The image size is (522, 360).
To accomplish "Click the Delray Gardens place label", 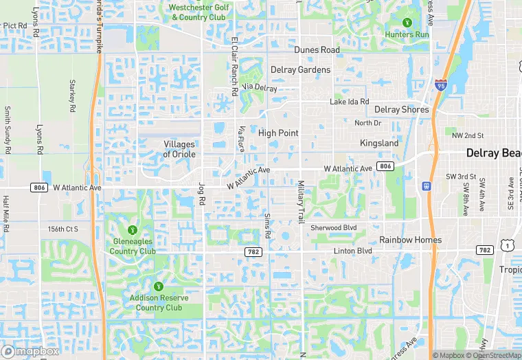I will [x=300, y=69].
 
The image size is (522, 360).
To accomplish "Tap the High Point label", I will [x=278, y=133].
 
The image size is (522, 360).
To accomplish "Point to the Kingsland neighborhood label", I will [x=379, y=143].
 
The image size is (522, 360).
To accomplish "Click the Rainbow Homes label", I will [x=411, y=240].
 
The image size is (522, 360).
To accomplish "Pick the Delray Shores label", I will [x=402, y=109].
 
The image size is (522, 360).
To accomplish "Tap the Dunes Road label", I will [x=317, y=50].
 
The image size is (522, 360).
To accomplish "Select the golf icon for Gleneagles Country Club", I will [x=133, y=229].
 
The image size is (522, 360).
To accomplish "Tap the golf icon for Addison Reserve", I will [x=158, y=285].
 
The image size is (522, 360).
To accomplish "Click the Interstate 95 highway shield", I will [x=440, y=86].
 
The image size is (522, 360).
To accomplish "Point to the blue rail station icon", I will [x=427, y=185].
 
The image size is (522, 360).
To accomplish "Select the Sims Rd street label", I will [x=268, y=221].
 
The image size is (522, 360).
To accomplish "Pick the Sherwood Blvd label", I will [x=334, y=227].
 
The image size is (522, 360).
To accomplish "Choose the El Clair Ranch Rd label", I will [x=235, y=66].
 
